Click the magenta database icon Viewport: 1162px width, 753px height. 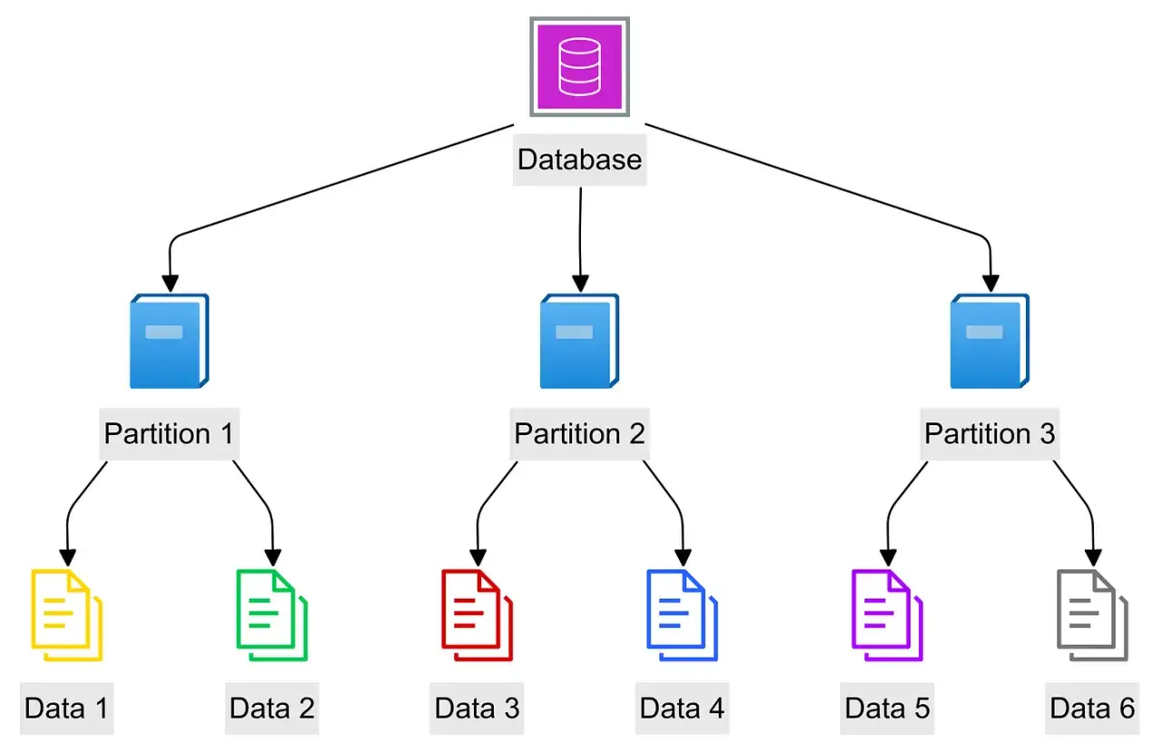579,67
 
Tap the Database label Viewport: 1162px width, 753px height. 579,160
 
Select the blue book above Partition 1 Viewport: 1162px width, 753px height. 169,341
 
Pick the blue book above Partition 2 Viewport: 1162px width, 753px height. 579,341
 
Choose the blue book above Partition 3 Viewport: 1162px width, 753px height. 990,341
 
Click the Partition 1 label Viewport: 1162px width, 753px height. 169,434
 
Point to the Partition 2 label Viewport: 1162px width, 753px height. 579,434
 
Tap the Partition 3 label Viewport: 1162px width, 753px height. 990,434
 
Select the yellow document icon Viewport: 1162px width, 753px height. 67,615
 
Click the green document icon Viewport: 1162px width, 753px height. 271,615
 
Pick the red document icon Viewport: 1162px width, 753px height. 478,615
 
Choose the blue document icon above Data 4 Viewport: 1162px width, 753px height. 682,615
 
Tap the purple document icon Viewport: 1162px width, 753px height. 887,615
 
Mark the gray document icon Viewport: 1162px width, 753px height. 1092,615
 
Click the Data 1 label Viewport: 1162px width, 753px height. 67,708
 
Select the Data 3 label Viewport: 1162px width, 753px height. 478,708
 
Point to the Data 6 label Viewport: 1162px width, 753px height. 1092,708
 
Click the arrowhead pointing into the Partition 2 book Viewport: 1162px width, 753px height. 580,284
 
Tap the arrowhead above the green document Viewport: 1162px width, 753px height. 273,558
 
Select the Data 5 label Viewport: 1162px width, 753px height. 887,708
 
